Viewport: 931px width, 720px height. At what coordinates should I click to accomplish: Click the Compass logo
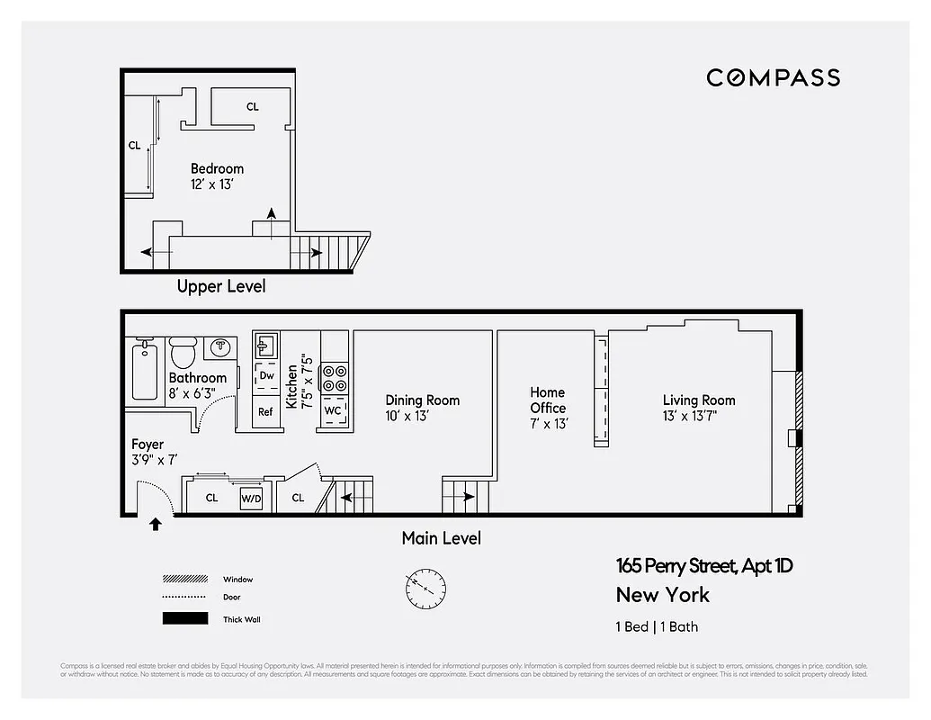point(773,78)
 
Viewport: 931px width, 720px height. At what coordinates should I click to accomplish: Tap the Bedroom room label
point(217,168)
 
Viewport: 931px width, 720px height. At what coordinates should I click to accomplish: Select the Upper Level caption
point(221,287)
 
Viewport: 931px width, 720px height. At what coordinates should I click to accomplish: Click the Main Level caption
point(441,538)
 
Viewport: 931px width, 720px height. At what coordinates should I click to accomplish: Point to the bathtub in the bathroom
point(144,371)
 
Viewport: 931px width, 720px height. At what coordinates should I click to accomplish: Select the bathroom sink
point(220,346)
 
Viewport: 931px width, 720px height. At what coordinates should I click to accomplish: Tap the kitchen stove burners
point(336,377)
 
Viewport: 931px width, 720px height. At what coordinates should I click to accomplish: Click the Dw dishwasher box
point(266,375)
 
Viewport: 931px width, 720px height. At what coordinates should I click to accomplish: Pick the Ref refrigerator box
point(265,411)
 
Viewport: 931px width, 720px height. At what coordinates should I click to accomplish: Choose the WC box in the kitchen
point(332,411)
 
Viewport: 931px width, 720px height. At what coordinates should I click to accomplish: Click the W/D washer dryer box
point(250,498)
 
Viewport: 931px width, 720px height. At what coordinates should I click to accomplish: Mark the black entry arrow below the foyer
point(155,524)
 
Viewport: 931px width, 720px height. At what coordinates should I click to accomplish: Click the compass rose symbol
point(425,588)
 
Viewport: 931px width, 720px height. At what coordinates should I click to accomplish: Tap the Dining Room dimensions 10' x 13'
point(407,416)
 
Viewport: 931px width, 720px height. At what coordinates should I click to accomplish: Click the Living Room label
point(699,400)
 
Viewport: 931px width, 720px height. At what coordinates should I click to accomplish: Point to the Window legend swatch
point(184,580)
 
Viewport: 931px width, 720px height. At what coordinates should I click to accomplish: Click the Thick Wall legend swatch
point(184,618)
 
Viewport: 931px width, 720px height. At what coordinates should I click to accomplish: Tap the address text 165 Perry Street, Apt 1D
point(704,566)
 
